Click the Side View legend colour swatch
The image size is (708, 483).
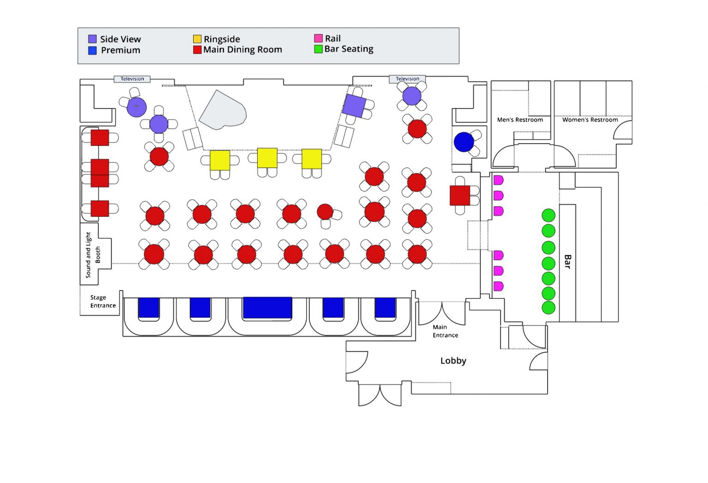click(93, 39)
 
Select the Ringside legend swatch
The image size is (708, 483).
click(197, 39)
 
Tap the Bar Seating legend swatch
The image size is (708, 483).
click(318, 49)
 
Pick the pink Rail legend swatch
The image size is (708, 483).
click(318, 38)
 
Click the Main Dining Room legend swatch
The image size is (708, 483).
click(197, 50)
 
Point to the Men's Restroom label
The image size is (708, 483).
click(520, 120)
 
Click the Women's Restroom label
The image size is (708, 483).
click(590, 120)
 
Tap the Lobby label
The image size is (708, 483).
click(453, 361)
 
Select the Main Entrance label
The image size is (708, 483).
click(445, 331)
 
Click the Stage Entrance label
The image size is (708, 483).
click(103, 302)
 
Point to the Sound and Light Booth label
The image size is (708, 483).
click(92, 255)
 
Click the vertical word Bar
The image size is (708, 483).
click(567, 262)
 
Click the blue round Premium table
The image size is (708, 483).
click(464, 142)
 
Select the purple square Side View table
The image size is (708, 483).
click(354, 105)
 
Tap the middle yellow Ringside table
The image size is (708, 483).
click(267, 158)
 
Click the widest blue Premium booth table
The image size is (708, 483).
click(267, 308)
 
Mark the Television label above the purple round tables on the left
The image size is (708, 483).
click(132, 79)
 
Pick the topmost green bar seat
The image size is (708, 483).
click(548, 215)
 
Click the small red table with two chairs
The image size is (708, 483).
click(325, 211)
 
